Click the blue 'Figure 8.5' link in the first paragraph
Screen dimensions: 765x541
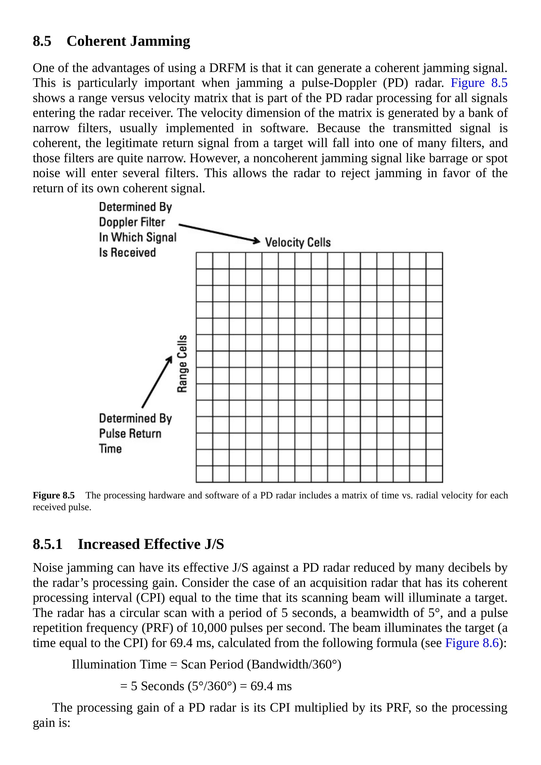click(479, 83)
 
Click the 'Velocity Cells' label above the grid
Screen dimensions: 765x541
click(298, 242)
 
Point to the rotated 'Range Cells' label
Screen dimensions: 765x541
click(182, 364)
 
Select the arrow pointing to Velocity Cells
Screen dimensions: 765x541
click(219, 233)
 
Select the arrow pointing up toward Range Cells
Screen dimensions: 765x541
click(157, 382)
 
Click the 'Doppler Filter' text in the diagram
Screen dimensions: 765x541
click(132, 222)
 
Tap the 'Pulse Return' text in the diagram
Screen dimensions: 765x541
click(130, 434)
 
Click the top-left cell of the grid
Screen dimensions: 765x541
click(204, 261)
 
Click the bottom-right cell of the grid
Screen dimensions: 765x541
click(434, 474)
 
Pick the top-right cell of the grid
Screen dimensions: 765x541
click(434, 261)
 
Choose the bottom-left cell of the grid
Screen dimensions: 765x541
click(204, 474)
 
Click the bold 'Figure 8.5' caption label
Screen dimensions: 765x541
click(54, 496)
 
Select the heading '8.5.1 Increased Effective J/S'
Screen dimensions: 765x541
click(128, 544)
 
